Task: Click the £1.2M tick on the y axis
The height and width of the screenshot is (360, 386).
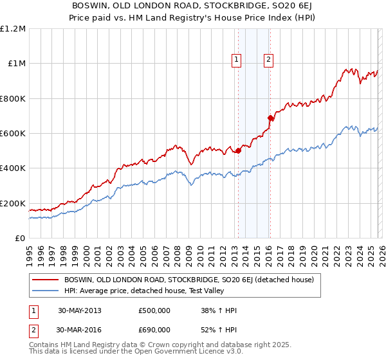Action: pyautogui.click(x=13, y=29)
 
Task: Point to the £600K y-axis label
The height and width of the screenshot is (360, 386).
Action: pyautogui.click(x=13, y=134)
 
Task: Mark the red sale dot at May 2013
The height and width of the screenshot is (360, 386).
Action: pyautogui.click(x=238, y=151)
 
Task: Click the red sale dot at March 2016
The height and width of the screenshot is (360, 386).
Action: pyautogui.click(x=270, y=118)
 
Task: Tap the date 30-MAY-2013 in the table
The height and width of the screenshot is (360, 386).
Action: pyautogui.click(x=79, y=310)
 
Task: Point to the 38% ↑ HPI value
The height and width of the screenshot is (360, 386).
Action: pyautogui.click(x=219, y=310)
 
